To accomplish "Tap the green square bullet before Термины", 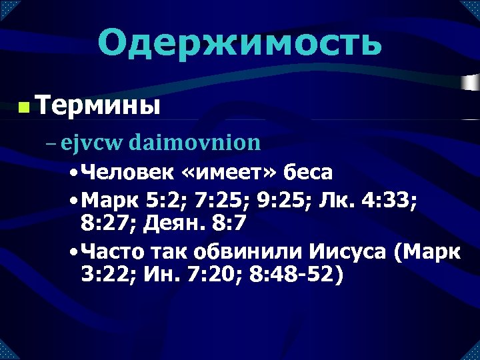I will tap(23, 107).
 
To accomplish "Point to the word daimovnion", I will tap(195, 142).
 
